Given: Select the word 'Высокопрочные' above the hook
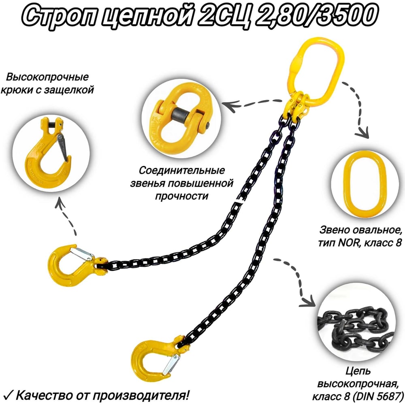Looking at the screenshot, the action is [47, 77].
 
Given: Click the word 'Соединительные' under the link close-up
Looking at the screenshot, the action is [182, 171].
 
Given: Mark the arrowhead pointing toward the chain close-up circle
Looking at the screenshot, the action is [308, 302].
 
